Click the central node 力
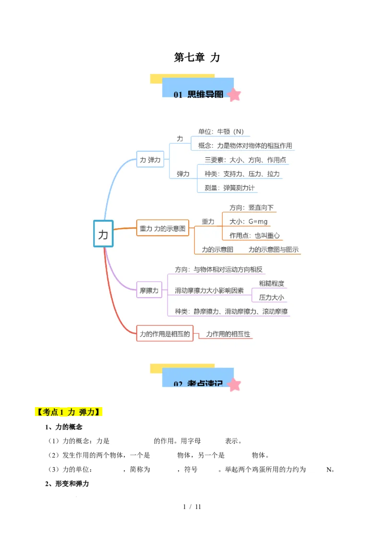tap(103, 234)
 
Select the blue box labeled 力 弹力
tap(150, 160)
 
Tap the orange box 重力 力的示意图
tap(162, 229)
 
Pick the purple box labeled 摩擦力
tap(149, 290)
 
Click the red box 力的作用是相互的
tap(165, 333)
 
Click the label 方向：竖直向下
tap(251, 208)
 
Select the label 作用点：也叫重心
tap(254, 236)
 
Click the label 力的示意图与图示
tap(274, 249)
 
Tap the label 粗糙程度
tap(271, 283)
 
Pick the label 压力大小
tap(271, 297)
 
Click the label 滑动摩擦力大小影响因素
tap(209, 290)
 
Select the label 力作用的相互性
tap(228, 334)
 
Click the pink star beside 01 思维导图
tap(234, 94)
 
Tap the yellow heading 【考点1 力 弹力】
tap(69, 413)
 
